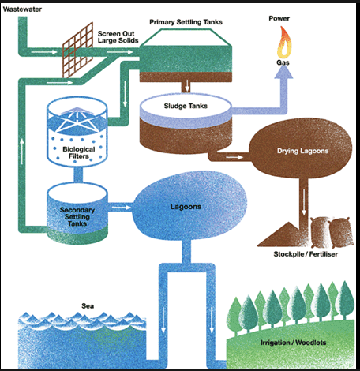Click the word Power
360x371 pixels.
[x=279, y=18]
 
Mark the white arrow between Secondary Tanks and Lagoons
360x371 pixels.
[x=119, y=209]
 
